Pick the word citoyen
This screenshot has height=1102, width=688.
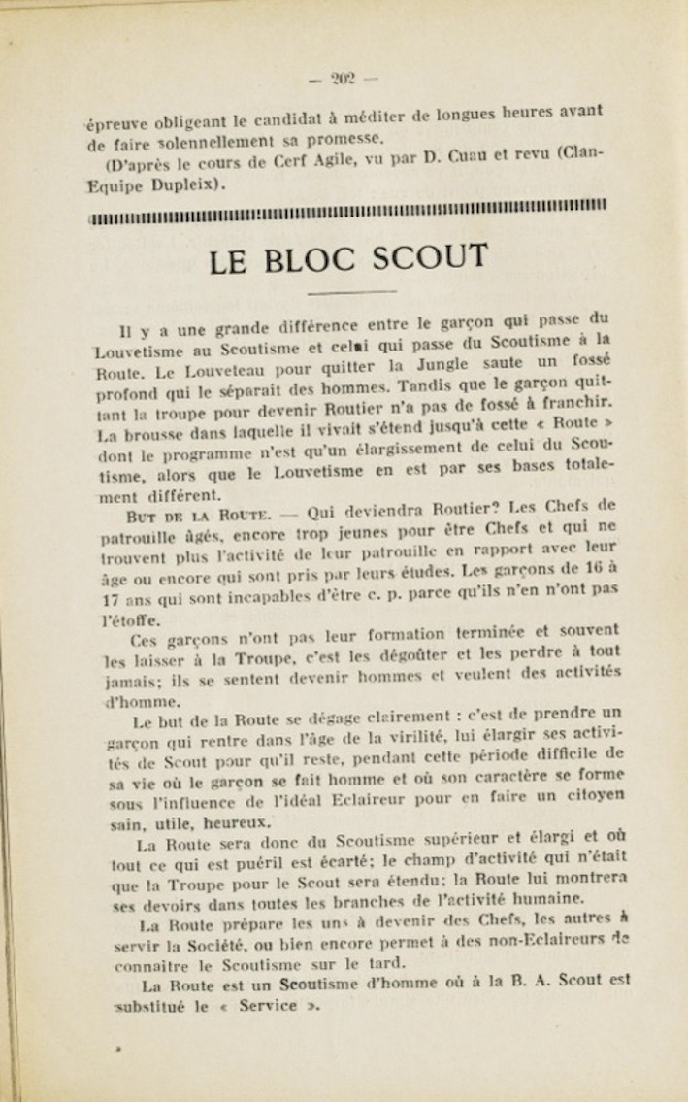pyautogui.click(x=585, y=797)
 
